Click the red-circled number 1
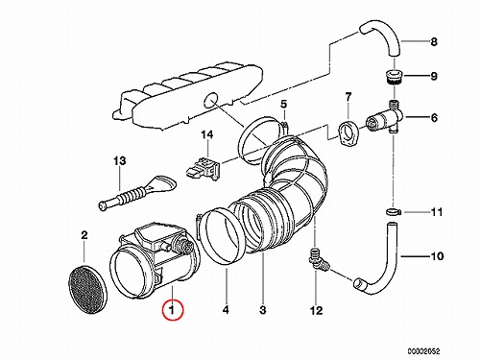(x=173, y=310)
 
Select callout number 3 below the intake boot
(x=262, y=310)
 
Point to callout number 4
(x=226, y=310)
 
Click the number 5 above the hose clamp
(x=284, y=104)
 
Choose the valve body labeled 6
(x=385, y=119)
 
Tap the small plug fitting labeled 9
(x=393, y=77)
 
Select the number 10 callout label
(x=437, y=256)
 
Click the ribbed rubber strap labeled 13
(x=137, y=193)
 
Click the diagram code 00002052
(x=423, y=351)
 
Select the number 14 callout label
(x=206, y=134)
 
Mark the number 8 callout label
(x=434, y=41)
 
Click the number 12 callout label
(x=316, y=310)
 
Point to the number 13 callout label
(x=119, y=160)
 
